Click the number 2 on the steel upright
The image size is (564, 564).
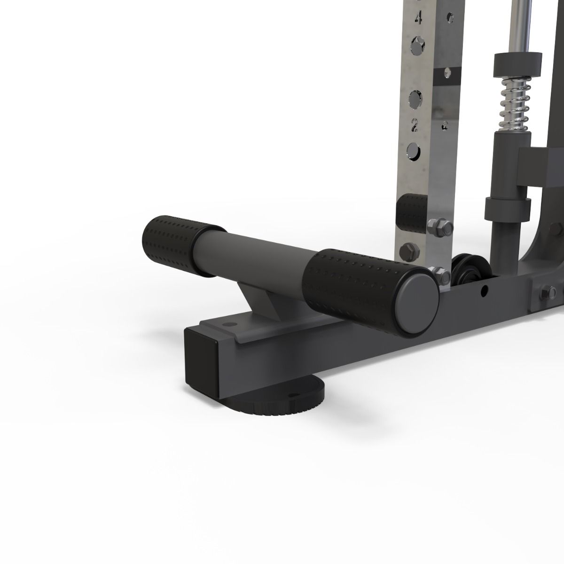point(415,125)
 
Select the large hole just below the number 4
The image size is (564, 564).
point(417,45)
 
